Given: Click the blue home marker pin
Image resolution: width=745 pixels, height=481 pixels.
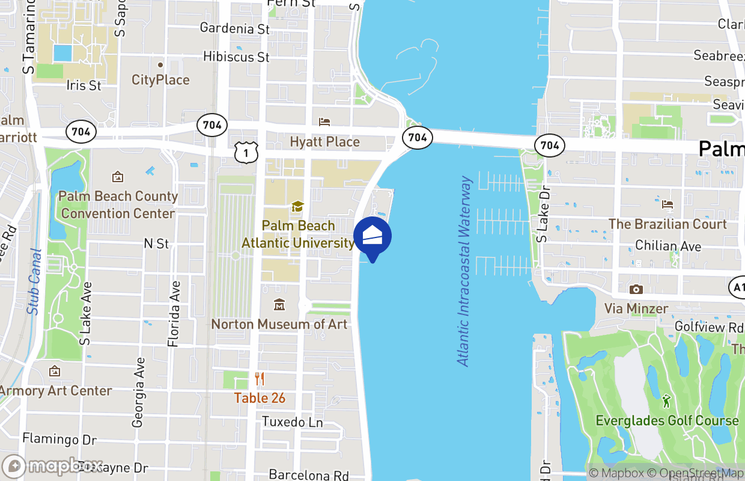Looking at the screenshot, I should coord(372,237).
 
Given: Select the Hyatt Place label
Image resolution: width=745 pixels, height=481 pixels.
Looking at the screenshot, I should coord(324,142).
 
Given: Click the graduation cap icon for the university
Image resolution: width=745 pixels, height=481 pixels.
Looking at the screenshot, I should coord(297,207).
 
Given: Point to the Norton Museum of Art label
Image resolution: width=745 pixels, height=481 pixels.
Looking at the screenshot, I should coord(279,324).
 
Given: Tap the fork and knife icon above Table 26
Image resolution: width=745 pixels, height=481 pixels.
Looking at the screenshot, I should coord(260,379).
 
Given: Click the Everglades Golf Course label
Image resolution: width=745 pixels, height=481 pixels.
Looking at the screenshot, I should coord(667,420).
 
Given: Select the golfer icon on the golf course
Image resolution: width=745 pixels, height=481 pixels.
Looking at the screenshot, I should coord(666,400).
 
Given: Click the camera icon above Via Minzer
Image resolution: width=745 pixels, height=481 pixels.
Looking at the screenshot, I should coord(636,290).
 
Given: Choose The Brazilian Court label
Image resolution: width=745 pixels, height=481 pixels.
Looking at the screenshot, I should coord(667,224).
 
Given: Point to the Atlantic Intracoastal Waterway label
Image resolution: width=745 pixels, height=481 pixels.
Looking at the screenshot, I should coord(463,271).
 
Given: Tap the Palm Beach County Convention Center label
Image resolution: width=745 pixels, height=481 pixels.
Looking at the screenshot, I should coord(118,205).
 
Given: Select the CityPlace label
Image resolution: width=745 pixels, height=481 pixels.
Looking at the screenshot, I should coord(160,80).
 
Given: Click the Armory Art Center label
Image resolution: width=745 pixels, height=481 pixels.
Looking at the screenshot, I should coord(55,391).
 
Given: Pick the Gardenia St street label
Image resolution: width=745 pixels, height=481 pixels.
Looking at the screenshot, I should coord(235,28).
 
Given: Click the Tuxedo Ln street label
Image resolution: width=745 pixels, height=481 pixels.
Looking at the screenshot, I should coord(293,422).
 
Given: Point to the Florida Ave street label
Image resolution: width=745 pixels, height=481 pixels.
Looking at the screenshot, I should coord(174,314).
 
